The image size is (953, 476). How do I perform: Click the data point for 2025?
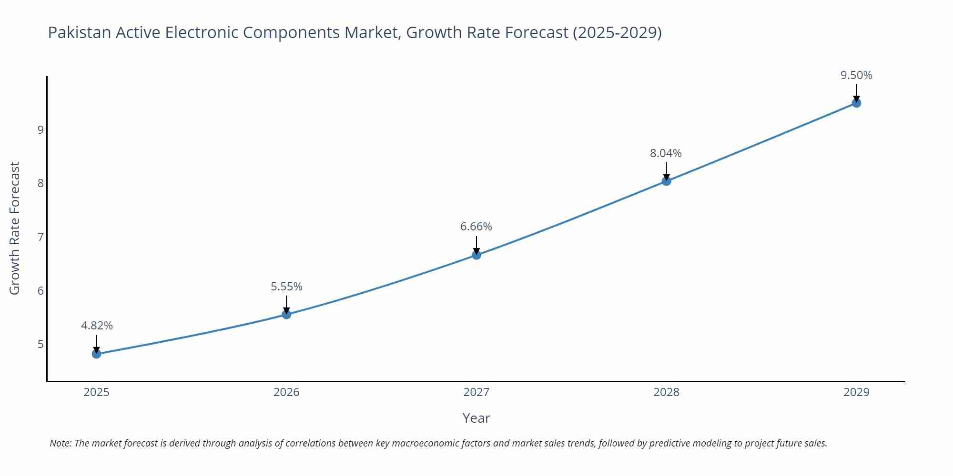coord(96,354)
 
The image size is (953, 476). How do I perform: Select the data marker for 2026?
coord(286,314)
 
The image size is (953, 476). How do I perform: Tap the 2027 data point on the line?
coord(476,255)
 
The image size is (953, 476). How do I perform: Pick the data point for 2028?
coord(666,181)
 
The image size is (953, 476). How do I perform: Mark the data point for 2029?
coord(856,103)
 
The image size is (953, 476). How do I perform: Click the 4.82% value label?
coord(97,326)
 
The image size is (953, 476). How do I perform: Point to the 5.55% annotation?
coord(286,287)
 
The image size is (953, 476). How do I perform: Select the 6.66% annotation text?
coord(476,227)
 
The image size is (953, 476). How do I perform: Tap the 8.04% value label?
coord(666,153)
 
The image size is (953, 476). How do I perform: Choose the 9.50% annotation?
coord(856,75)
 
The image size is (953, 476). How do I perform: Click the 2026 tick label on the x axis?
coord(286,392)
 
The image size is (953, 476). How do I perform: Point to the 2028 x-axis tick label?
coord(666,392)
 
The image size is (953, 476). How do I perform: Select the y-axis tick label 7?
coord(41,237)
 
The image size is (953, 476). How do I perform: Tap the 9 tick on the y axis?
coord(41,130)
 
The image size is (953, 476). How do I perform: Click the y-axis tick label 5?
coord(41,344)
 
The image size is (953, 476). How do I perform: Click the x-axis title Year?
coord(476,418)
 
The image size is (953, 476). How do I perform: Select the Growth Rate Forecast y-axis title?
coord(15,228)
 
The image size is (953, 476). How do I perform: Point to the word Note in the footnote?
coord(60,443)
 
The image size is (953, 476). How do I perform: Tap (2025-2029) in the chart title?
coord(617,32)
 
